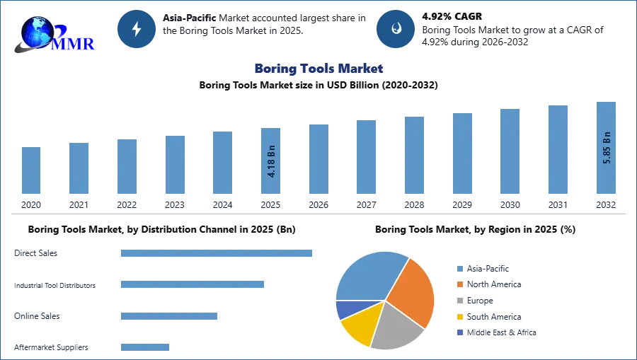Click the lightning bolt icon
137,29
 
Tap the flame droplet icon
396,29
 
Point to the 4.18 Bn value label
271,161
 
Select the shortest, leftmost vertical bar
31,171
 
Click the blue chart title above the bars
319,69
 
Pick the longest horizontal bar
217,254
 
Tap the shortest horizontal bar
144,346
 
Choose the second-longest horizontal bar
192,284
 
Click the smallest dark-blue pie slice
345,309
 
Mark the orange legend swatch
459,284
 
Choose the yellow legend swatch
459,317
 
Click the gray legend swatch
459,301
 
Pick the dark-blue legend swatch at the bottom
459,333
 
